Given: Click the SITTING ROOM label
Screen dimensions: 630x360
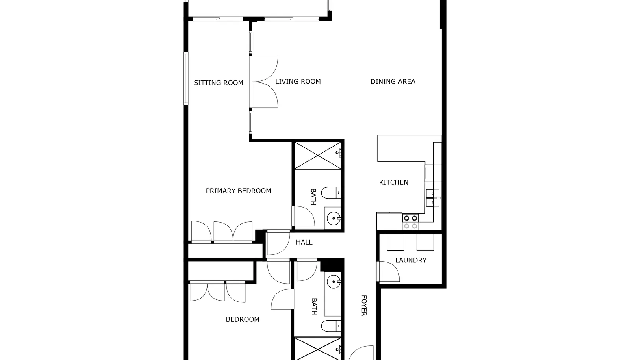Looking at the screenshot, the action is (x=219, y=83).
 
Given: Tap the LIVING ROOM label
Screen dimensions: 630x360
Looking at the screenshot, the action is (x=298, y=81).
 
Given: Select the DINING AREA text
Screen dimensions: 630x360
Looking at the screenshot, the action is (x=393, y=81).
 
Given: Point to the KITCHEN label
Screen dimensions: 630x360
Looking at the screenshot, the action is (x=393, y=182).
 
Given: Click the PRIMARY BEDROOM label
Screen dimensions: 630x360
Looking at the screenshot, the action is (x=239, y=191).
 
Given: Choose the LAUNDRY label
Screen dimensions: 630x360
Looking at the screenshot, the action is (x=411, y=260).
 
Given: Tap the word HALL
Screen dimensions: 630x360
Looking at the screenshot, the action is (x=304, y=242).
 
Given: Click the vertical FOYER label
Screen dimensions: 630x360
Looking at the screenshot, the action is (x=364, y=305).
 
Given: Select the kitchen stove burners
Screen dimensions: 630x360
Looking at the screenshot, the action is (x=411, y=222).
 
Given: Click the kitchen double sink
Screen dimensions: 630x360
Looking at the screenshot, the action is (x=433, y=198).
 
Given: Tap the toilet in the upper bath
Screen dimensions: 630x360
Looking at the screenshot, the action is (x=331, y=193).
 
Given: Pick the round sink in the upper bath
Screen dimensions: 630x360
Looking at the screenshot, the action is (x=334, y=218).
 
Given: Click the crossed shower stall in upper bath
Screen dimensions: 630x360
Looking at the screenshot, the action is (x=318, y=156).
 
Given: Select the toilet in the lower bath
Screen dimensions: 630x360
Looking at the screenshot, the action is (x=331, y=326).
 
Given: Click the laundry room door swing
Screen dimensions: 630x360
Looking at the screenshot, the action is (x=388, y=271).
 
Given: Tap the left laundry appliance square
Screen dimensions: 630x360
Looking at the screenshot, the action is (x=395, y=242).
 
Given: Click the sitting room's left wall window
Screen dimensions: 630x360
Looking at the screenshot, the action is (x=186, y=78).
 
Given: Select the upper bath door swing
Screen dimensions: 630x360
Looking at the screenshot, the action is (x=303, y=216).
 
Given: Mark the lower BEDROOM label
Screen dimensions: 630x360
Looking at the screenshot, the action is (x=243, y=319).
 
